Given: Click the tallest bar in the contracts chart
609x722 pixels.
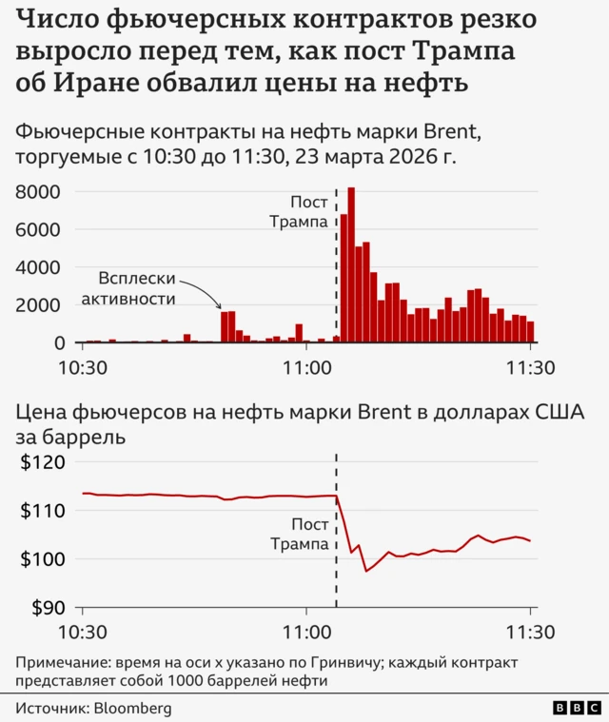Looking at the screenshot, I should coord(351,266).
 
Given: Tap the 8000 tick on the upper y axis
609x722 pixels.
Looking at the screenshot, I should coord(42,192).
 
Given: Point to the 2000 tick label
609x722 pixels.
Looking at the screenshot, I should coord(42,305).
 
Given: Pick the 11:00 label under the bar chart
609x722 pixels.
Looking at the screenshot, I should coord(305,367).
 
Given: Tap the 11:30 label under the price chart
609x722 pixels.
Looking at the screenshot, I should coord(531,633).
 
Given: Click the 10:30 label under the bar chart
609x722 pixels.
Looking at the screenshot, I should coord(83,367).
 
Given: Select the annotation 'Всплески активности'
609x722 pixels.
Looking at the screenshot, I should coord(138,288).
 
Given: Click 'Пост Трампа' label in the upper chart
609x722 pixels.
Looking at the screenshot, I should coord(299,212).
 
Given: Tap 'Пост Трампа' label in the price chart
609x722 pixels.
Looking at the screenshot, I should coord(299,535).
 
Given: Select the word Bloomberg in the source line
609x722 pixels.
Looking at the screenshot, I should coord(132,708).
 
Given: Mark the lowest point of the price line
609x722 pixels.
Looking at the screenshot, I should coord(366,571).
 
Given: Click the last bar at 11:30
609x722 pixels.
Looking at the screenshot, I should coord(530,332).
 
